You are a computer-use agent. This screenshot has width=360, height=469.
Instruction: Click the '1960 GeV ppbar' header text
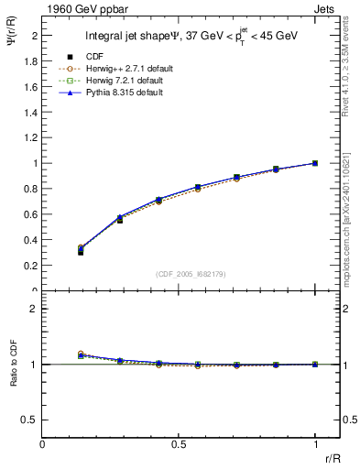pos(77,9)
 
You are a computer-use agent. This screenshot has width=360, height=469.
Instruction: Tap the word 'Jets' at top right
pos(324,9)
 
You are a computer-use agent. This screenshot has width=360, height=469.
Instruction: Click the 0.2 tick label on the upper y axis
pos(30,266)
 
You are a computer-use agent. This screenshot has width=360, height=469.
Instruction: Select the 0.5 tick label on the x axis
pos(179,444)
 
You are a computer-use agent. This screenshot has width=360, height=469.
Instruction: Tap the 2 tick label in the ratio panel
pos(33,309)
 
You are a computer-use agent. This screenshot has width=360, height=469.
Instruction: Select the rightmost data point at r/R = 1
pos(315,163)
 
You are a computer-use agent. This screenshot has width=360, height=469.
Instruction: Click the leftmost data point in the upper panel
pos(81,250)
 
